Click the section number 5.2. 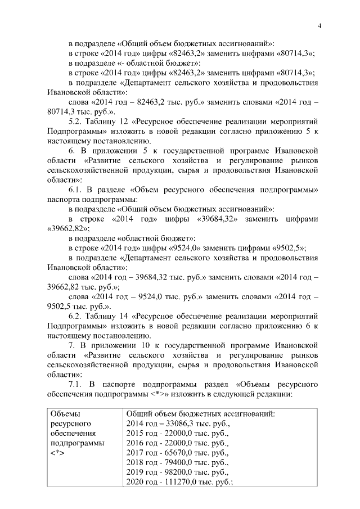75,121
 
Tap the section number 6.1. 75,190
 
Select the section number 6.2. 75,317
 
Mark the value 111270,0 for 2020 177,482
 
